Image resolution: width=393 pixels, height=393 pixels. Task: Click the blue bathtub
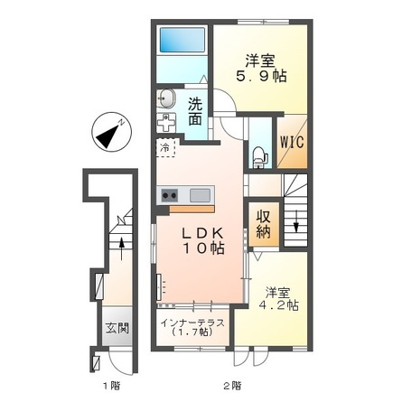[x=182, y=40]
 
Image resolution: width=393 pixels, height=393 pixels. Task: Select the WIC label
[x=292, y=142]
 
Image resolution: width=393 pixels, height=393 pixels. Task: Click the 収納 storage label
[x=264, y=224]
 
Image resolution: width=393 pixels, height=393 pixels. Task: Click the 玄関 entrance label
[x=117, y=328]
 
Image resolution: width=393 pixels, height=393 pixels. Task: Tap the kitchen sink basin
[x=200, y=195]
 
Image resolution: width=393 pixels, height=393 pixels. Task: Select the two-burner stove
[x=170, y=195]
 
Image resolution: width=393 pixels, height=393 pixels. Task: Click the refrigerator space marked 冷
[x=165, y=147]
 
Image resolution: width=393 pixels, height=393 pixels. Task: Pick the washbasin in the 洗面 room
[x=166, y=98]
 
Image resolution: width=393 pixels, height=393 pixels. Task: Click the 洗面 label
[x=195, y=112]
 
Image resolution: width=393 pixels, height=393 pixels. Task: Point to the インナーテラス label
[x=192, y=323]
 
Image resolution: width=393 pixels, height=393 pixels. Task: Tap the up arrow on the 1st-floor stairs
[x=122, y=248]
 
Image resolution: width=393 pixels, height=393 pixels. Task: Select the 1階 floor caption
[x=112, y=385]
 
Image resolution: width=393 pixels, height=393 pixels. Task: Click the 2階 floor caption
[x=232, y=385]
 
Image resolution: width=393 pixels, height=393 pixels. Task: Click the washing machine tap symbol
[x=166, y=123]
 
